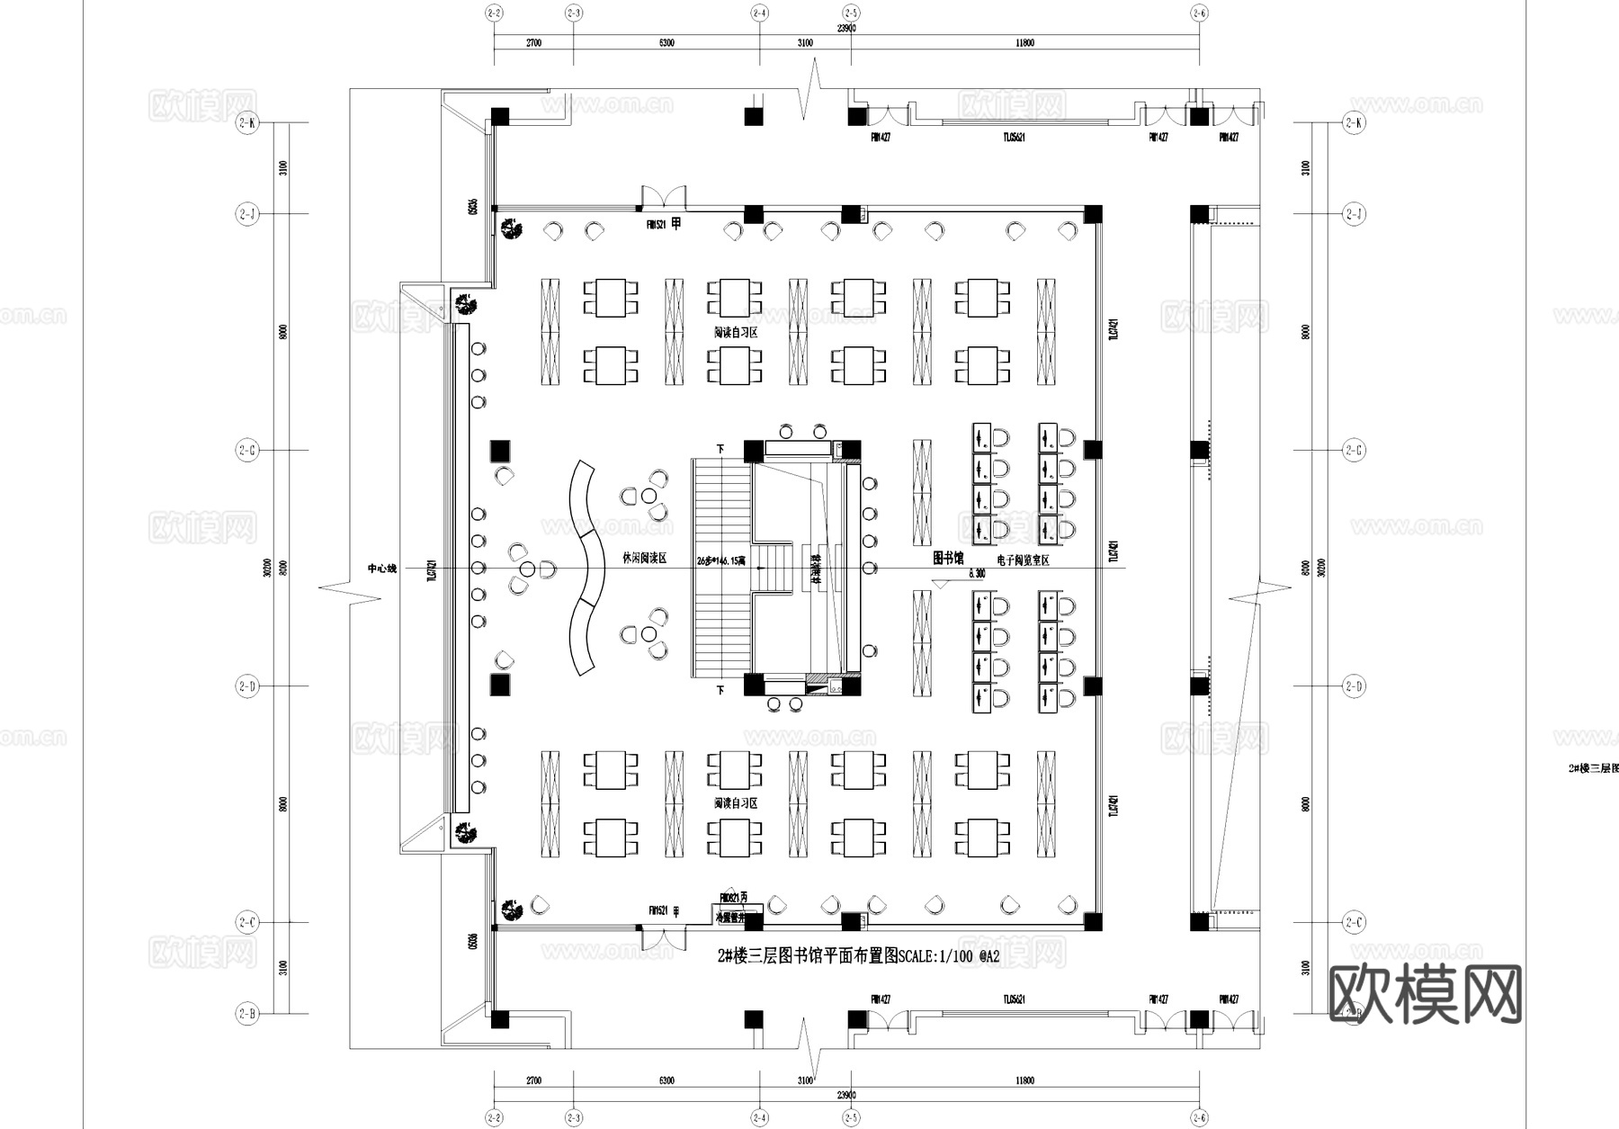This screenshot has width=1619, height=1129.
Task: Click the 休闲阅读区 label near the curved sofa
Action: [x=645, y=559]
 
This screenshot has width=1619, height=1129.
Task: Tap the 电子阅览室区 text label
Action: [x=1023, y=560]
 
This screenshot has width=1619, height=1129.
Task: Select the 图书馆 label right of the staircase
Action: [x=948, y=558]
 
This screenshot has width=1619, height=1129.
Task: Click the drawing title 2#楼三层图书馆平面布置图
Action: [x=808, y=956]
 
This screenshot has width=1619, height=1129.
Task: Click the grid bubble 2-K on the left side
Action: [x=247, y=123]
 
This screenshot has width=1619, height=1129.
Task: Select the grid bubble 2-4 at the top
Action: [x=760, y=13]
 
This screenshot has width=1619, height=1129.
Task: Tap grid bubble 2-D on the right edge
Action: [x=1354, y=686]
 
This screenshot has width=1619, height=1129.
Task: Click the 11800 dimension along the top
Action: [x=1024, y=43]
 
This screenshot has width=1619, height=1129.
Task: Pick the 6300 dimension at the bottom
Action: [x=666, y=1080]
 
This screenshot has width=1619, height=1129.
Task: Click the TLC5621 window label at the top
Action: [x=1015, y=138]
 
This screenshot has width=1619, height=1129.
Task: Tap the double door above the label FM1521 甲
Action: [x=664, y=197]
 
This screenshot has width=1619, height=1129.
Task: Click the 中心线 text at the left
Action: [x=381, y=569]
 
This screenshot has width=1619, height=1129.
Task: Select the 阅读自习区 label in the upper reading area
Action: [x=736, y=333]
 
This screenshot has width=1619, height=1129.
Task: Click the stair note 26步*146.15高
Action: [x=720, y=560]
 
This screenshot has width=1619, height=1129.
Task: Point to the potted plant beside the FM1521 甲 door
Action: [x=514, y=228]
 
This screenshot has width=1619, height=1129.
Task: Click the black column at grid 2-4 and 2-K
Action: [x=754, y=116]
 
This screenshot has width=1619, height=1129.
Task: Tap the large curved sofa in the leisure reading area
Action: [x=583, y=568]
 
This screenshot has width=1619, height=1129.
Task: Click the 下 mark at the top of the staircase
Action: [x=720, y=448]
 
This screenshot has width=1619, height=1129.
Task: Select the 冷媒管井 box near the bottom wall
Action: [x=730, y=918]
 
